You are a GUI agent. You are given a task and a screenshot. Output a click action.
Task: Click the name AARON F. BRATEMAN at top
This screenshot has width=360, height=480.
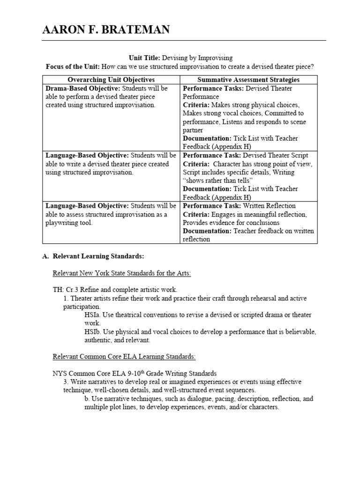[x=106, y=30]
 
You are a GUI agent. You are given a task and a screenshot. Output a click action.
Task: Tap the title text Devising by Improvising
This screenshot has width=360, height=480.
[x=197, y=58]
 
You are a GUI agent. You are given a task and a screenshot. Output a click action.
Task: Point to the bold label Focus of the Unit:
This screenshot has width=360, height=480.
[x=73, y=66]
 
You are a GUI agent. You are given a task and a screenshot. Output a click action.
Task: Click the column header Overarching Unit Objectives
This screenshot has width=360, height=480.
[x=111, y=80]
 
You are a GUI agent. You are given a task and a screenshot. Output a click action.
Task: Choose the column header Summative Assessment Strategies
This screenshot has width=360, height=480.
[x=248, y=80]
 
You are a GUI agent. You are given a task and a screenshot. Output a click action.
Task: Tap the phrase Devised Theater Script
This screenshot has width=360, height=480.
[x=272, y=155]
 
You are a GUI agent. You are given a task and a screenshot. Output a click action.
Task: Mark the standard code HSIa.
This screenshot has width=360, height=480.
[x=92, y=315]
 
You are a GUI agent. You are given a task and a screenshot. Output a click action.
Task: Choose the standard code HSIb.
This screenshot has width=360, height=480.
[x=93, y=332]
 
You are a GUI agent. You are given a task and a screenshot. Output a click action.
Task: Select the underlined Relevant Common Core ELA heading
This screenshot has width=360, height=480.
[x=124, y=357]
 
